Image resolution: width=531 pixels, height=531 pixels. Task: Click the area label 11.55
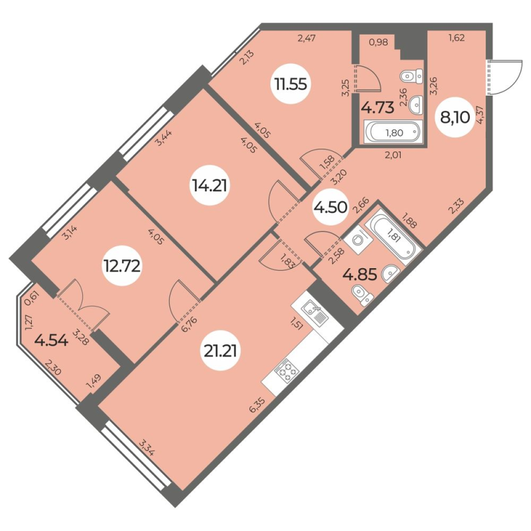[289, 84]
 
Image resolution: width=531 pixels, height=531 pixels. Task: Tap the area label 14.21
[208, 187]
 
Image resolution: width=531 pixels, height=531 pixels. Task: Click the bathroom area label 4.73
[377, 106]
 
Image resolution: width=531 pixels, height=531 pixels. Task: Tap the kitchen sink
[311, 308]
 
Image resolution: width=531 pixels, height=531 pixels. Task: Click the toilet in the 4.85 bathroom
[362, 291]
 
